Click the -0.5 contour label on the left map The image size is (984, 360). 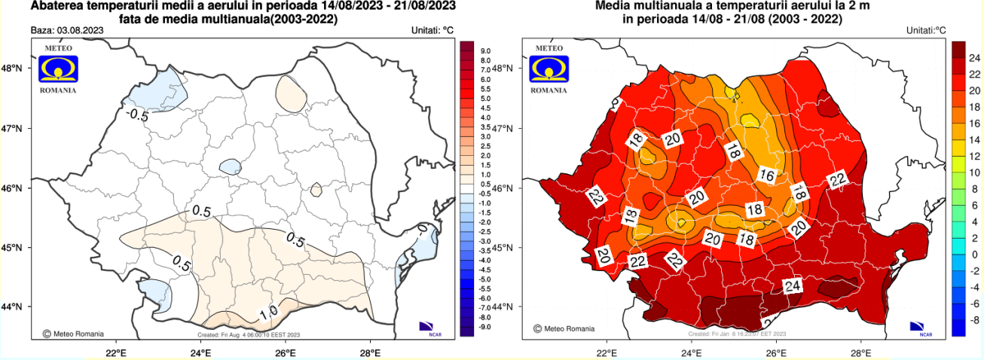[x=137, y=115]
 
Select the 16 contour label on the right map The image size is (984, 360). [x=766, y=175]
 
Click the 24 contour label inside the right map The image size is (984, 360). [x=792, y=286]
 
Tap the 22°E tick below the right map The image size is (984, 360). [x=607, y=351]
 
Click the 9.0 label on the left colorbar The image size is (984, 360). [x=485, y=50]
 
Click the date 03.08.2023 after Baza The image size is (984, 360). [x=79, y=30]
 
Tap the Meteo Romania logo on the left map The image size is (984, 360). [x=57, y=69]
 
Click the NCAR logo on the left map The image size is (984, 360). [x=429, y=327]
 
